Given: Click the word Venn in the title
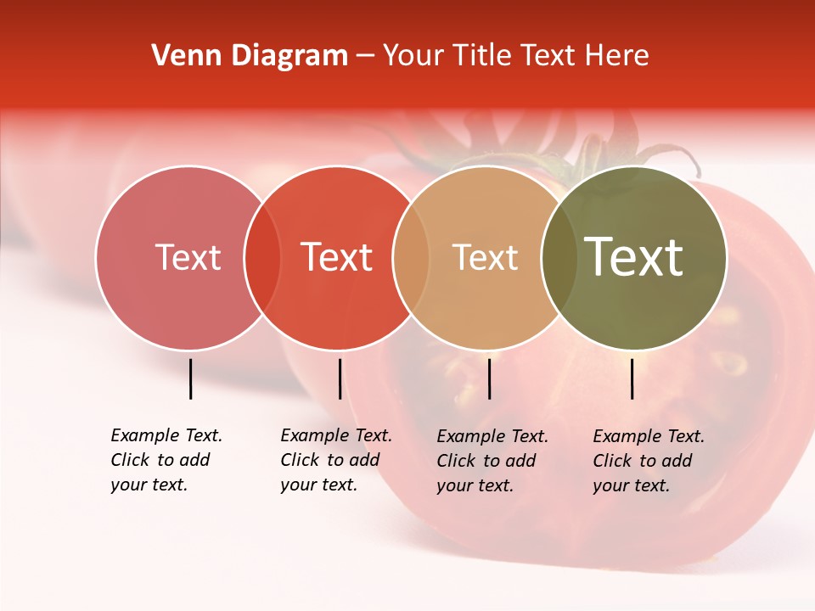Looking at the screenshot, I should tap(182, 56).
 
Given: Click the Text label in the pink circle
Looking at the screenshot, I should tap(188, 257).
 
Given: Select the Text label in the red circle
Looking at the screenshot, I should tap(336, 257).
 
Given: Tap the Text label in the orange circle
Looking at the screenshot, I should tap(485, 257).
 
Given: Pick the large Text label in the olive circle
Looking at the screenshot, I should tap(633, 256).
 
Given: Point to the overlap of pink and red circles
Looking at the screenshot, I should tap(262, 258).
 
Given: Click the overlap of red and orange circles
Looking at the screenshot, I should tap(411, 258).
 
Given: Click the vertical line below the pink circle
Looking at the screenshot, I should tap(190, 378).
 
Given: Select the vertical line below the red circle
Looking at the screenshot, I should tap(340, 378).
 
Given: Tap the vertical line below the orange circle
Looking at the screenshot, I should tap(489, 378).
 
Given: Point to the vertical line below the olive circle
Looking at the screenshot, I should tap(632, 378).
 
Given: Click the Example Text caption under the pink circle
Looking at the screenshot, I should tap(166, 460).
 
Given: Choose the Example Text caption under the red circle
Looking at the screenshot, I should tap(335, 460).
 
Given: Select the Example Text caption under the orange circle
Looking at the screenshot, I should tap(492, 461).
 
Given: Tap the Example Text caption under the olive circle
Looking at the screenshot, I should tap(648, 461).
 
